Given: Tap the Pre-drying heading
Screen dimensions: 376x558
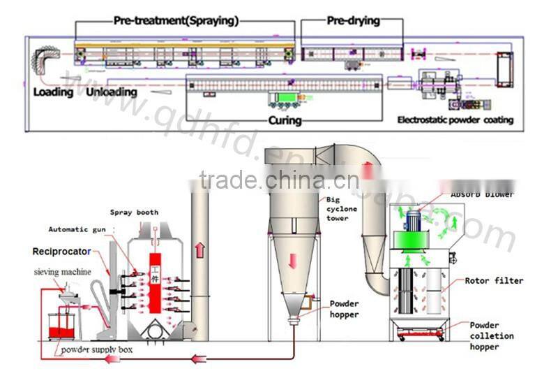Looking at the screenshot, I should coord(354,21).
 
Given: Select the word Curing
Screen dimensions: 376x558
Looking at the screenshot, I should coord(285,120).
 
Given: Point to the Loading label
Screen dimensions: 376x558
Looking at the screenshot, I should coord(53,92).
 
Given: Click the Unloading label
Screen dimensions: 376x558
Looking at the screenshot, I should coord(112,92).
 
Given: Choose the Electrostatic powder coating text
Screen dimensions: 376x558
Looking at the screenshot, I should coord(455,120).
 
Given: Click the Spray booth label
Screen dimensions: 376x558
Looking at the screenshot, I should coord(134,212).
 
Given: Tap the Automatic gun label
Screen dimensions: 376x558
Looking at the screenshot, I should coord(77,229).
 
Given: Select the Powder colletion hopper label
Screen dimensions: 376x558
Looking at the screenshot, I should coord(492,335).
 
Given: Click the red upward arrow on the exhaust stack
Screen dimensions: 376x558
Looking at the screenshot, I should coord(199,248).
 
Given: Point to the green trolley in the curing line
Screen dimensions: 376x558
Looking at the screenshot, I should coord(285,99).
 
